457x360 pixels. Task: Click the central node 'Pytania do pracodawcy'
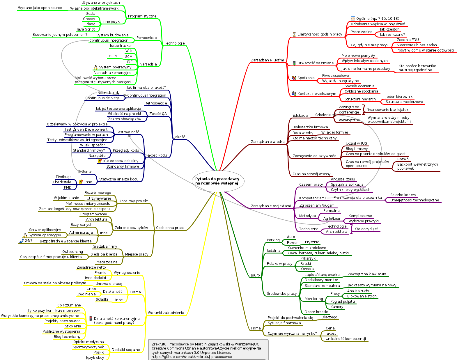click(217, 181)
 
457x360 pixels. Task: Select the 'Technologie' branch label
click(174, 43)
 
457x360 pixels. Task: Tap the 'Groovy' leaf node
click(89, 19)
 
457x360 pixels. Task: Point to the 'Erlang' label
click(90, 24)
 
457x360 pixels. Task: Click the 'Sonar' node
click(87, 172)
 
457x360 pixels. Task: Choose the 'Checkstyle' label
click(62, 182)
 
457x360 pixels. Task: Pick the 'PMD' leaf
click(68, 187)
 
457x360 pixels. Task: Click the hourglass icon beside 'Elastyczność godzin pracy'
click(294, 34)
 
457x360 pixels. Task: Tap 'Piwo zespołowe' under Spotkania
click(335, 76)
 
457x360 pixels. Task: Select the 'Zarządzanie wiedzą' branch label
click(268, 142)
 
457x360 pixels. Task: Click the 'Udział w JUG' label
click(356, 143)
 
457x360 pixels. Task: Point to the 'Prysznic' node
click(312, 242)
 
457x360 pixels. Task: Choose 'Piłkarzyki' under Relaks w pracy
click(308, 258)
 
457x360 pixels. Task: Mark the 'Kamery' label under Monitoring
click(337, 307)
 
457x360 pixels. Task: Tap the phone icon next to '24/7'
click(21, 241)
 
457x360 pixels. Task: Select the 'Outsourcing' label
click(72, 252)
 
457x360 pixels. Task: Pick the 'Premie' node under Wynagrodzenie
click(100, 273)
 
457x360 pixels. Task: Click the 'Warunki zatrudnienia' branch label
click(166, 313)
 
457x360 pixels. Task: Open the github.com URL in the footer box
click(192, 357)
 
